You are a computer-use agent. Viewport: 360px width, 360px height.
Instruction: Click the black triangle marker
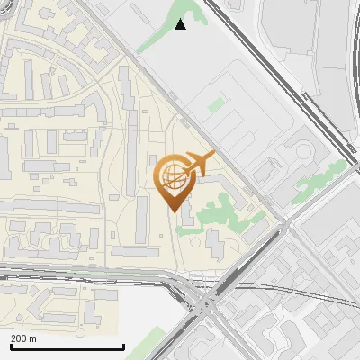tap(181, 24)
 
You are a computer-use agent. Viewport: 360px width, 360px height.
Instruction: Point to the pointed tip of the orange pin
tap(172, 210)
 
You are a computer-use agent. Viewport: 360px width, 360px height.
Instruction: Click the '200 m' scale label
tap(23, 338)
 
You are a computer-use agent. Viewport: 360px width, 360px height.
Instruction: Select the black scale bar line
tap(67, 347)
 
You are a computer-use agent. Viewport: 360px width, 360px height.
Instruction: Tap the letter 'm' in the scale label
tap(32, 338)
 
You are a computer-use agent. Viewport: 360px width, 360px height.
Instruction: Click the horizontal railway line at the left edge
tap(36, 271)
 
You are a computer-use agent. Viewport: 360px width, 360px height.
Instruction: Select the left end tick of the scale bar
tap(11, 346)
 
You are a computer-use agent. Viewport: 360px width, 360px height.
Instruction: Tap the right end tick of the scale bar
tap(123, 346)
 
